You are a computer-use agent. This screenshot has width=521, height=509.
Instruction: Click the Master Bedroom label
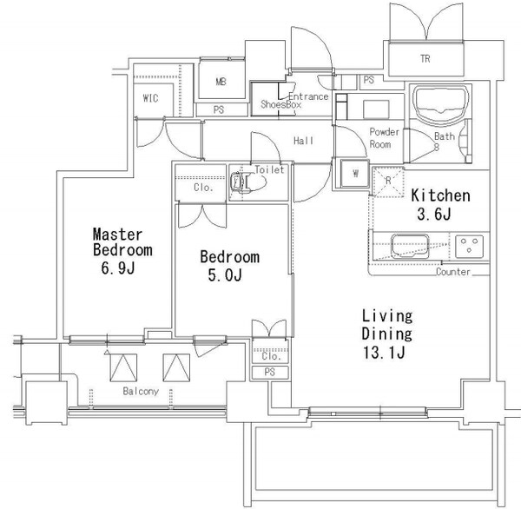[122, 242]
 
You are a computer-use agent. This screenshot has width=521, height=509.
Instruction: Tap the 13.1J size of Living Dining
[384, 353]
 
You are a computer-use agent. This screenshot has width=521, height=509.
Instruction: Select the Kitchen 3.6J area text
[440, 205]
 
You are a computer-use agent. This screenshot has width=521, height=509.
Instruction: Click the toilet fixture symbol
[247, 182]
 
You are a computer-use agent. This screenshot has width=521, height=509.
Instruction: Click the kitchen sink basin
[410, 247]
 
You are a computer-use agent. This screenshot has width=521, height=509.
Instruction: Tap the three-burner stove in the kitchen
[469, 247]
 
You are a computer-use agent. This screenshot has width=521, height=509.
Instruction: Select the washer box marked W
[355, 174]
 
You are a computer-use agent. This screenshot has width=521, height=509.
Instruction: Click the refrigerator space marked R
[388, 182]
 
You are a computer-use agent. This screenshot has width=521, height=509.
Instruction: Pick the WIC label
[150, 98]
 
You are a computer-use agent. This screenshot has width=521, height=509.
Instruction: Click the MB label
[221, 82]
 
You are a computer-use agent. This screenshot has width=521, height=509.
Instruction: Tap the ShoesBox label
[280, 104]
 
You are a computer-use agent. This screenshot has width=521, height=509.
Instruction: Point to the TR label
[425, 59]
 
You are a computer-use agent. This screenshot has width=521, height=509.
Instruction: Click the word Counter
[453, 272]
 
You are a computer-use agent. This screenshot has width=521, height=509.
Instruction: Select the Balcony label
[141, 392]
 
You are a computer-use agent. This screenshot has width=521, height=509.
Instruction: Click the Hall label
[303, 141]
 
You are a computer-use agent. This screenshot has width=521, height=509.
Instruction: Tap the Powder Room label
[384, 138]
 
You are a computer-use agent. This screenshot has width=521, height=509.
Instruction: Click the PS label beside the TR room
[369, 80]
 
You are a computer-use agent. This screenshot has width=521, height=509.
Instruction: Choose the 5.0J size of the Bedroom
[225, 275]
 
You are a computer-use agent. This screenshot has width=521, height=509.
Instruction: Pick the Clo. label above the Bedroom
[203, 188]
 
